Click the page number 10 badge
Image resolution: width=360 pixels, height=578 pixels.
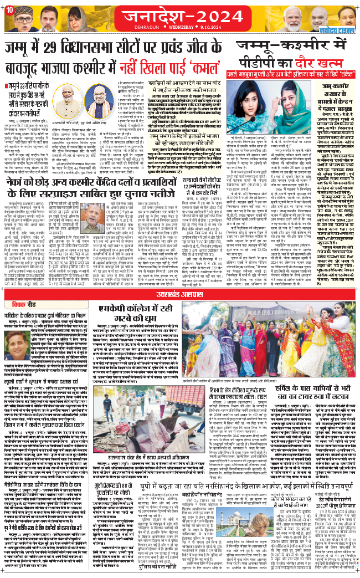coord(7,6)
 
